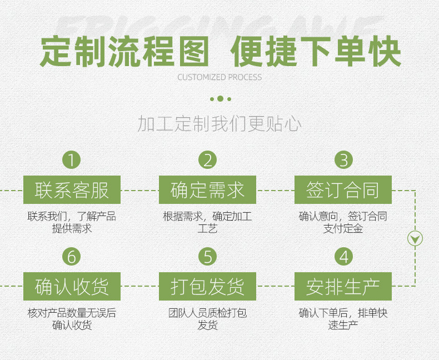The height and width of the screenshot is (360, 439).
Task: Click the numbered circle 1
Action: coord(71,160)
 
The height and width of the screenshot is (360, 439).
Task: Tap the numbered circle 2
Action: coord(207,160)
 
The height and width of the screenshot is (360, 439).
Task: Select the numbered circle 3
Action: coord(343,160)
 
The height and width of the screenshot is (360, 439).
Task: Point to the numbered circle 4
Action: coord(343,257)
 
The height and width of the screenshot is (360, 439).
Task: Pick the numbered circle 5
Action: coord(207,257)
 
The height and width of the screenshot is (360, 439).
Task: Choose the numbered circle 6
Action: coord(71,257)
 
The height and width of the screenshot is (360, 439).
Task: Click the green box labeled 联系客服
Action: coord(71,190)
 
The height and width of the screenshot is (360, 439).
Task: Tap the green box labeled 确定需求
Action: coord(207,190)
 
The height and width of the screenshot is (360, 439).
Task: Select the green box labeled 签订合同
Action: coord(343,190)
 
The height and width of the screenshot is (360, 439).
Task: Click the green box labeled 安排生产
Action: coord(343,287)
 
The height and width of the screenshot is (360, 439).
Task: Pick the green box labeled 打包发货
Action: coord(207,287)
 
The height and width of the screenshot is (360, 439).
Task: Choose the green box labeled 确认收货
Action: coord(71,287)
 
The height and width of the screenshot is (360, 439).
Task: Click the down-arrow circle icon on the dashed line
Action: coord(415,238)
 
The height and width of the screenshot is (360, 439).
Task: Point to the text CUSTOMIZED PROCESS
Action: coord(219,77)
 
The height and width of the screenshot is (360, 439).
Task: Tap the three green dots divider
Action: coord(220,99)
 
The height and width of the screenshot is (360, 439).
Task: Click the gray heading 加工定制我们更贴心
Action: coord(219,124)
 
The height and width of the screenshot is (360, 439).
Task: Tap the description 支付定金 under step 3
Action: coord(343,228)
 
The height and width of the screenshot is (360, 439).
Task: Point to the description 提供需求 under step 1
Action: coord(72,228)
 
